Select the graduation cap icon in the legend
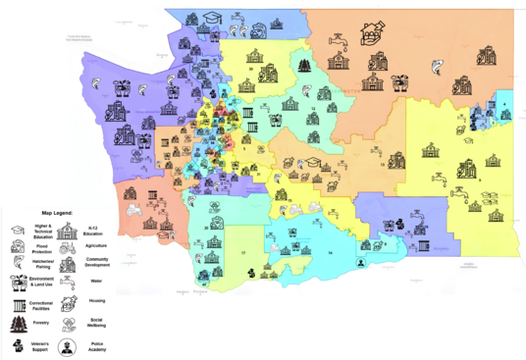[17, 229]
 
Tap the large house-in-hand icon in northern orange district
[372, 34]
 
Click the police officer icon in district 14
[361, 264]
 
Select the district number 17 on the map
[242, 252]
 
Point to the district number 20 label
[207, 227]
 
